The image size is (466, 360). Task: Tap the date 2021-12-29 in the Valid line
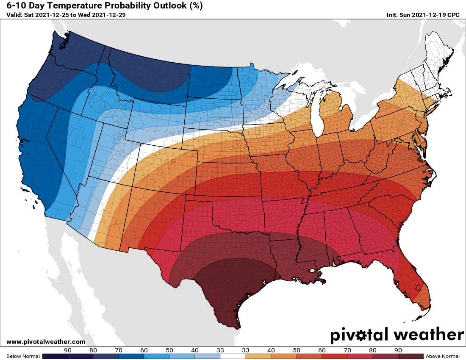tap(109, 15)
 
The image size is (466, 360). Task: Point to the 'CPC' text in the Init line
tap(453, 15)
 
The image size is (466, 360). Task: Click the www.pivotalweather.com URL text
tap(46, 342)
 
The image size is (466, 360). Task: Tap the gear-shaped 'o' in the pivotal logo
tap(361, 335)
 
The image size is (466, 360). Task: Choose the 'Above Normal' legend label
tap(443, 356)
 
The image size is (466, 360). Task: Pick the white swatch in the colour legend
tap(233, 356)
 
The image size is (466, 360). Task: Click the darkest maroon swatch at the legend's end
tap(411, 356)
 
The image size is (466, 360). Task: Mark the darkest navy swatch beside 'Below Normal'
tap(55, 356)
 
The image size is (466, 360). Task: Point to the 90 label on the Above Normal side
tap(398, 350)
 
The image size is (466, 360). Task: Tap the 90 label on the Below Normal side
tap(68, 350)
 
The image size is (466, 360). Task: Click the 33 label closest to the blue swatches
tap(220, 350)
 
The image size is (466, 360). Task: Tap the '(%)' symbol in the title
tap(195, 6)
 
